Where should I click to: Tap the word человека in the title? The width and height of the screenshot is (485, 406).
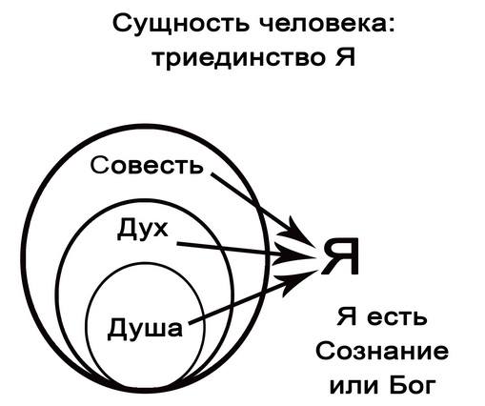323,24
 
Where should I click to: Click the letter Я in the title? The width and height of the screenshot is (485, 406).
345,56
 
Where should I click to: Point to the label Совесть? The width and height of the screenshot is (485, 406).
147,165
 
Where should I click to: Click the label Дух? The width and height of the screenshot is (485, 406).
142,230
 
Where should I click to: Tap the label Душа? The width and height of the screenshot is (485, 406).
145,327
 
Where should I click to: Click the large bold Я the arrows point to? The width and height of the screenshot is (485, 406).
340,256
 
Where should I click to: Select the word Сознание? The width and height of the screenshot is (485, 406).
382,351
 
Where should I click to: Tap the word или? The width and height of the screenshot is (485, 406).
354,386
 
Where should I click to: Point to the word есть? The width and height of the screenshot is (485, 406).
396,317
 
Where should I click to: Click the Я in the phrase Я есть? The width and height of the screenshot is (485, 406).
347,316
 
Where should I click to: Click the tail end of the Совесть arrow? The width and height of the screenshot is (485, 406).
212,174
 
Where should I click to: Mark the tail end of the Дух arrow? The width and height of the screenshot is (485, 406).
178,244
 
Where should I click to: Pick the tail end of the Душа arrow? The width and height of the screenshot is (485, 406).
190,323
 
